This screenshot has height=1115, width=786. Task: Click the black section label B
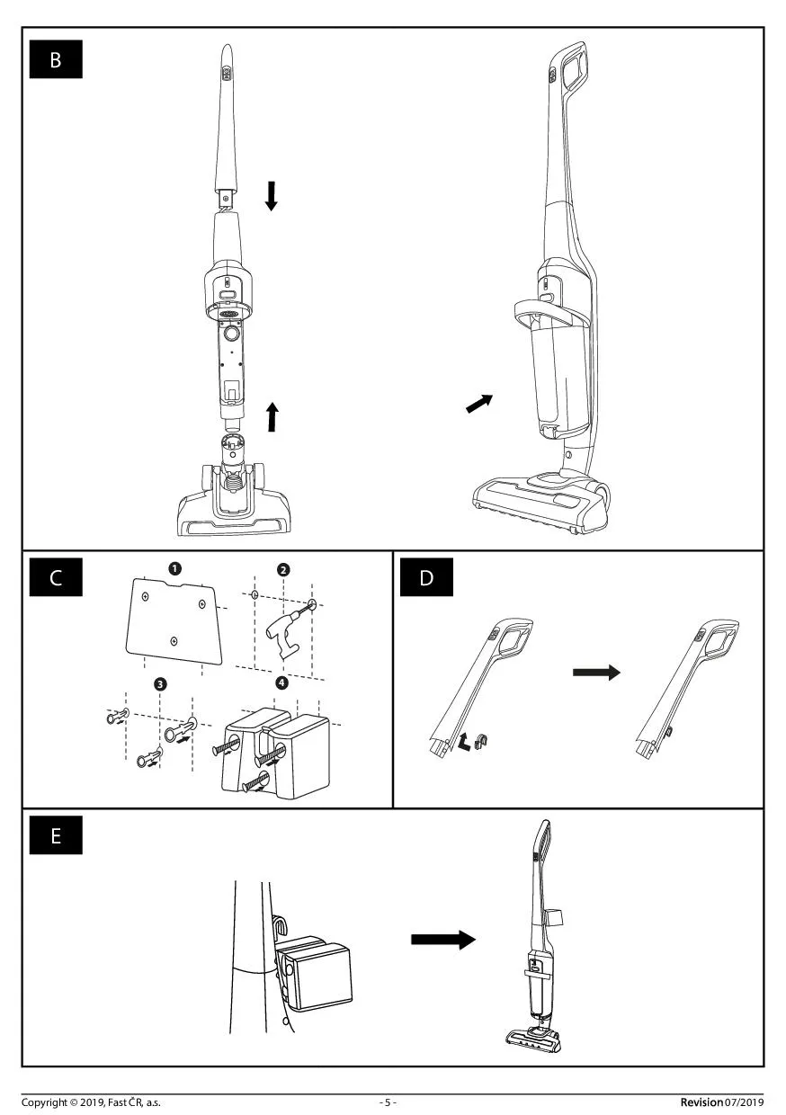coord(56,60)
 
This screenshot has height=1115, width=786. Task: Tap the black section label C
coord(56,577)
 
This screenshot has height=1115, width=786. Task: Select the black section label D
coord(426,577)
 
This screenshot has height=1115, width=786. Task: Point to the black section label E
coord(56,835)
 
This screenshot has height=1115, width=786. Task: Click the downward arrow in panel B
coord(272,195)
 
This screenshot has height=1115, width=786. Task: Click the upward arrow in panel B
coord(272,416)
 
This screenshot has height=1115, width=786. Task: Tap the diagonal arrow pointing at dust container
coord(479,404)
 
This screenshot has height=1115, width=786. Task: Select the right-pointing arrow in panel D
coord(596,672)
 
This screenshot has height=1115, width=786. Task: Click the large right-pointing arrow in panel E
coord(442,940)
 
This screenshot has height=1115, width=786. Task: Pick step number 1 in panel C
coord(174,567)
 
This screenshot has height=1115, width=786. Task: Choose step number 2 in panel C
coord(283,569)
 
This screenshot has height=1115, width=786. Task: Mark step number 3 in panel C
coord(160,684)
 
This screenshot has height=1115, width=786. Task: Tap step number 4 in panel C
coord(283,682)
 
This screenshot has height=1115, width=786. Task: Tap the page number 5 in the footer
coord(388,1102)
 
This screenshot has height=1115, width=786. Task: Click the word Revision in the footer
coord(701,1102)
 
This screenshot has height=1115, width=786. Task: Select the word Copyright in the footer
coord(44,1102)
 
